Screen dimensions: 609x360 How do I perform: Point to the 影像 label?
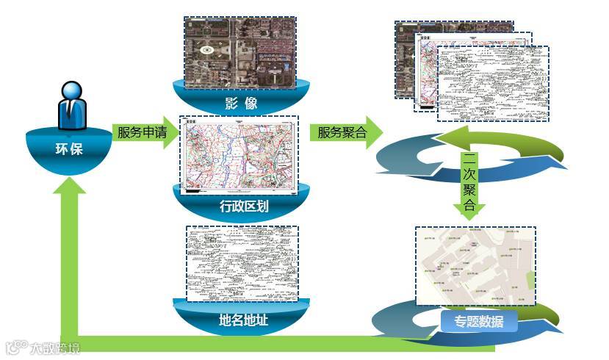coord(239,103)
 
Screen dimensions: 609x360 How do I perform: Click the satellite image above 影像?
coord(239,51)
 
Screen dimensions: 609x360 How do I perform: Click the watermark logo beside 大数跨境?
coord(15,347)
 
